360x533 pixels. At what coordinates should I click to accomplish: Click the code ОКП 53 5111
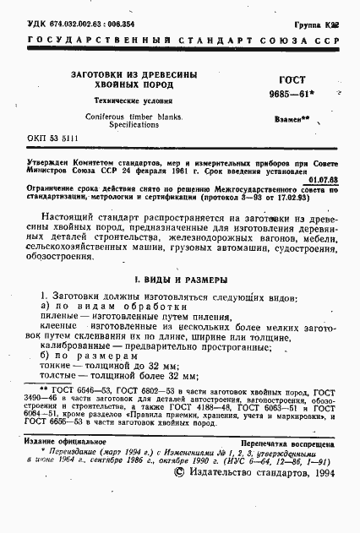[54, 137]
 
